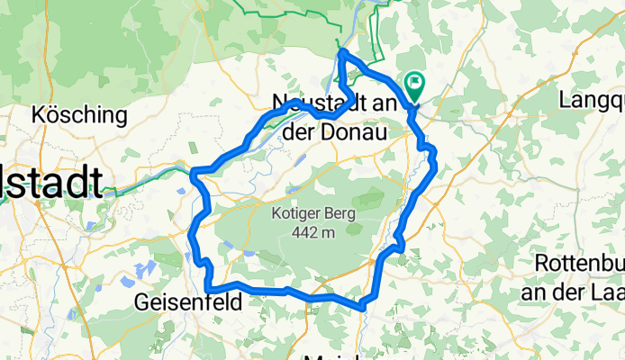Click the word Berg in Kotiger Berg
click(x=338, y=214)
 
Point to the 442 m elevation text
click(x=314, y=232)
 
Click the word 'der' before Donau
click(x=303, y=132)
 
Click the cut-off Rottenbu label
click(x=579, y=264)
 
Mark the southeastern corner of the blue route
click(x=364, y=306)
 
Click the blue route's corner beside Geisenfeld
click(x=208, y=285)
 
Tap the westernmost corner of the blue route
click(x=192, y=170)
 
